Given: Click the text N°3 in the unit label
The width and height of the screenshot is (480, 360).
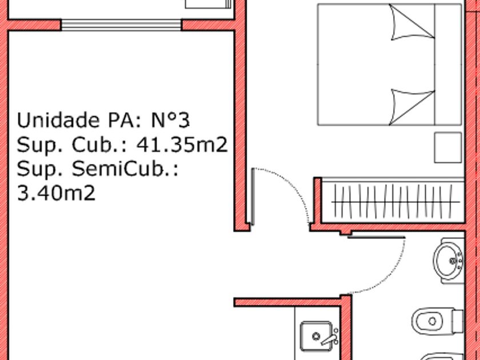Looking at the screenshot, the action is (170, 120).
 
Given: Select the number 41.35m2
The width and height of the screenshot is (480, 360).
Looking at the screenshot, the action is (182, 145).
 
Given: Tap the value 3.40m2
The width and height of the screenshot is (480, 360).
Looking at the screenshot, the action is (57, 193).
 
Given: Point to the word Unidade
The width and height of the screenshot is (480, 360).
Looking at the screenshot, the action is (58, 120).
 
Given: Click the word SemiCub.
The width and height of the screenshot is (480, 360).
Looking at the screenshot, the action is (125, 169).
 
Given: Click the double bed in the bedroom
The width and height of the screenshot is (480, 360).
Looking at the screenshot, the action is (389, 65).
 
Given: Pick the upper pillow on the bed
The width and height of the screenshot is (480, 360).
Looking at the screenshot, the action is (412, 22).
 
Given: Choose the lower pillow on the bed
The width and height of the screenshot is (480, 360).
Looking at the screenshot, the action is (412, 107).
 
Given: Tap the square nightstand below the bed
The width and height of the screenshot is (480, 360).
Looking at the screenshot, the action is (448, 147).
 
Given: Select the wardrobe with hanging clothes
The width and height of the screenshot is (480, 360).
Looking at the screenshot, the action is (393, 201).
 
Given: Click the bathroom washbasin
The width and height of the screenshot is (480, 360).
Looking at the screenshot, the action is (449, 261).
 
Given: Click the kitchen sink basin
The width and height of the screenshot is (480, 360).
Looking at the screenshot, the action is (316, 336).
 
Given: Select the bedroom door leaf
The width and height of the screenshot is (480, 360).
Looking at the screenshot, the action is (253, 197).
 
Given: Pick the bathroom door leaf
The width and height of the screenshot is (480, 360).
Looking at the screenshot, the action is (376, 237).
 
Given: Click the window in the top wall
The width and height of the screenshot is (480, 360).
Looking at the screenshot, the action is (121, 25).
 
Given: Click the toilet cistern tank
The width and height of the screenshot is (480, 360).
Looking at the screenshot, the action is (458, 321).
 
